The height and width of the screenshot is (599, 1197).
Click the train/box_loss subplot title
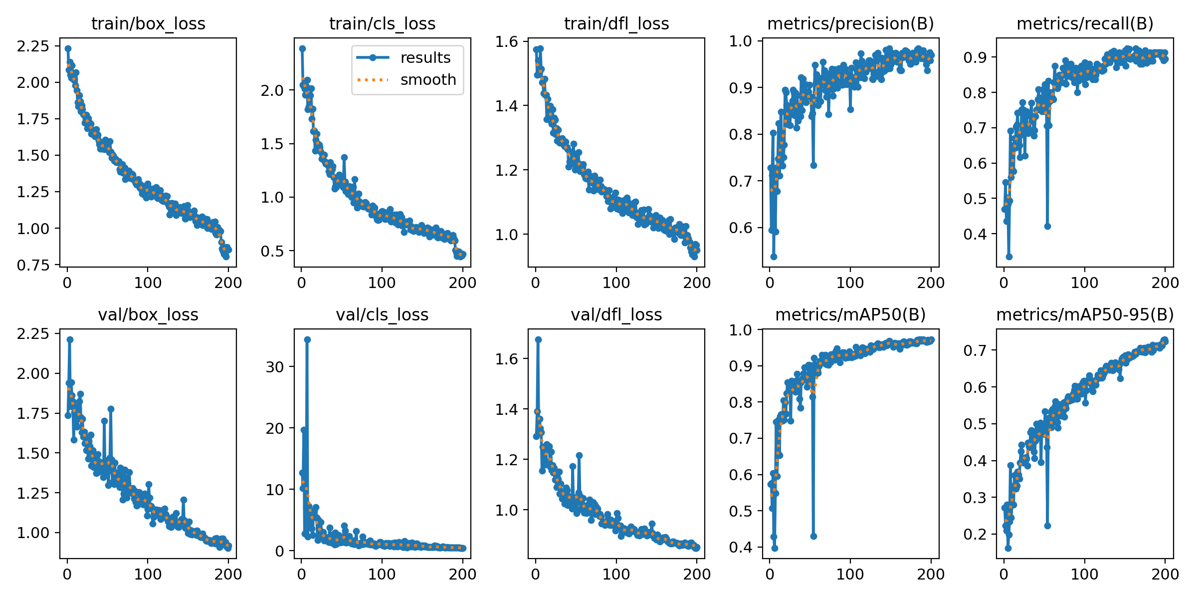(148, 23)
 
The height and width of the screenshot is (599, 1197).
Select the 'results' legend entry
(425, 58)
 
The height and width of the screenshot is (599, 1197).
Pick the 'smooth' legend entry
(428, 80)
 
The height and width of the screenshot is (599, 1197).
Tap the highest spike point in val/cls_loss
(307, 339)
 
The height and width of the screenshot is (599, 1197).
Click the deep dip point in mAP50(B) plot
(813, 536)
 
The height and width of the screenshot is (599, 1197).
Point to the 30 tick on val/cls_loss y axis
(274, 367)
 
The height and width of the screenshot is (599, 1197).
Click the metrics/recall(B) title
(1085, 23)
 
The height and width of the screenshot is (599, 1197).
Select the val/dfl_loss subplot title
(616, 314)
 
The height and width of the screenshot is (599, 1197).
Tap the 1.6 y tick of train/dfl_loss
(507, 41)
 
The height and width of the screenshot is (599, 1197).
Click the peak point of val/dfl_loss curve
(538, 339)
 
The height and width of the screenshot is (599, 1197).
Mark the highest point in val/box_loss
(70, 339)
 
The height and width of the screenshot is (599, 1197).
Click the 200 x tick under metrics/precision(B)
(931, 283)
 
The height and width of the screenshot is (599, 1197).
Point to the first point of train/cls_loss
(302, 48)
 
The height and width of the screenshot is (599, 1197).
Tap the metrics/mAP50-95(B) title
(1085, 314)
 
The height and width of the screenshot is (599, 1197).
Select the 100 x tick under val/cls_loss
(382, 574)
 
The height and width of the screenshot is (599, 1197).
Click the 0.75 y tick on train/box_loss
(33, 265)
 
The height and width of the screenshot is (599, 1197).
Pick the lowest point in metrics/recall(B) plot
(1009, 257)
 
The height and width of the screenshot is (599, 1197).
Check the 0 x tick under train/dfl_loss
(536, 283)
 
